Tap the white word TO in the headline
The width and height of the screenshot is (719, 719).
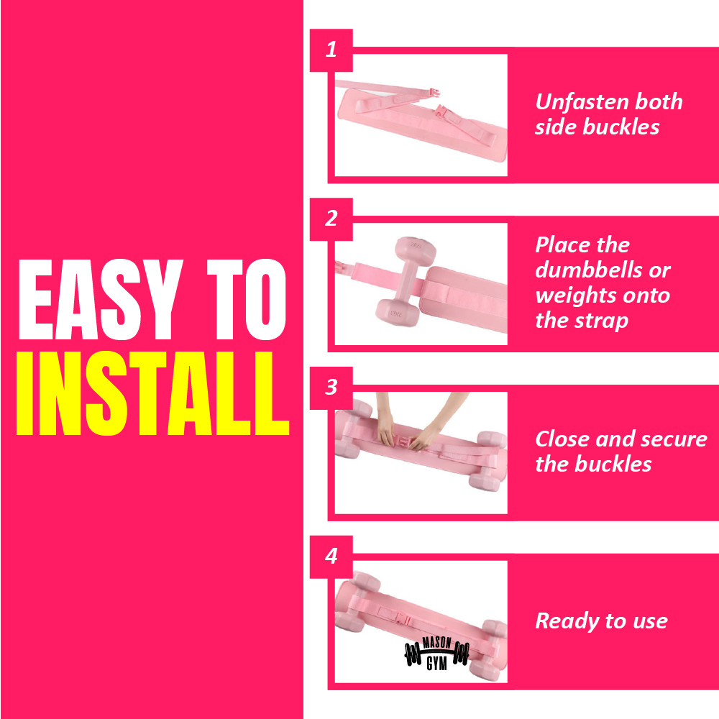coord(247,299)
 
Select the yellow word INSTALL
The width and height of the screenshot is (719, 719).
coord(152,393)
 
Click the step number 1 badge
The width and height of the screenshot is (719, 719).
coord(331,50)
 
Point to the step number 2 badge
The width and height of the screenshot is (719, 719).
coord(331,219)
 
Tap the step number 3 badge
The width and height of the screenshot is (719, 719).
coord(331,388)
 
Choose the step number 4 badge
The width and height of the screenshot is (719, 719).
coord(331,557)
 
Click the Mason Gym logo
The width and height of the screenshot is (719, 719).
coord(436,653)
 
